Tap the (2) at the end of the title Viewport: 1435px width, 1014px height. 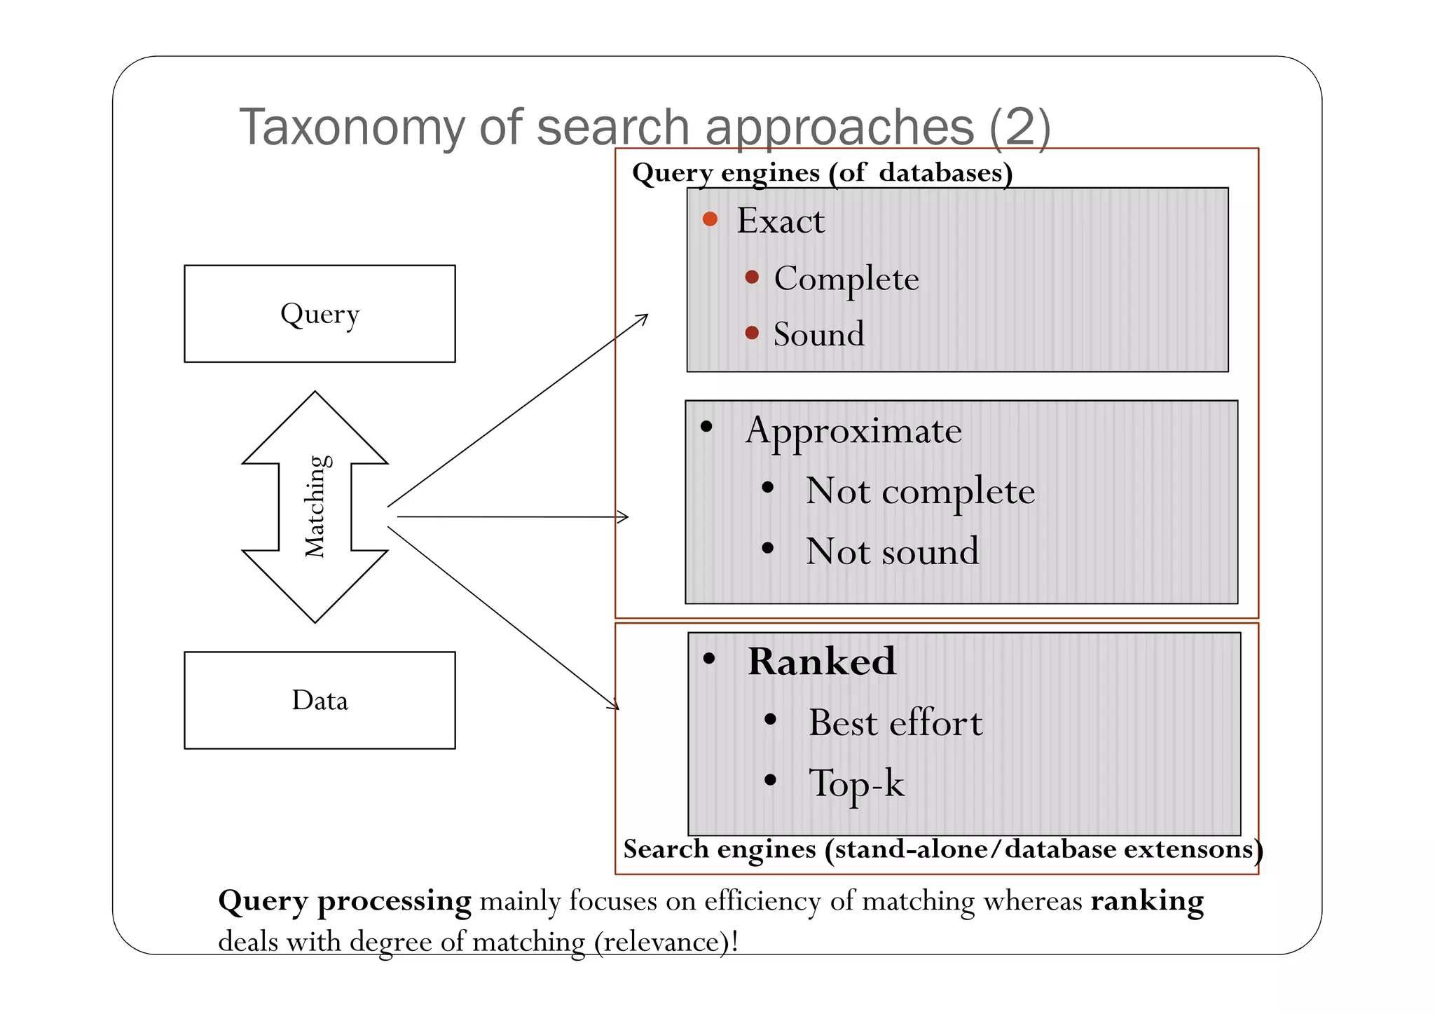pyautogui.click(x=1019, y=128)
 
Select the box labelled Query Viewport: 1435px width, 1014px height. pyautogui.click(x=320, y=313)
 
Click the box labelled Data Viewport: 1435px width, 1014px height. pyautogui.click(x=320, y=700)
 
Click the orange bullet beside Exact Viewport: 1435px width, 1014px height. pyautogui.click(x=710, y=219)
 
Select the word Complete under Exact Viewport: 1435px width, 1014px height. pyautogui.click(x=846, y=279)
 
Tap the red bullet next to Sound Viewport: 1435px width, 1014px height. pyautogui.click(x=752, y=333)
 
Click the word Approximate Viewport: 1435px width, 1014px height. pyautogui.click(x=853, y=430)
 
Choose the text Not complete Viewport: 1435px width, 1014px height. pyautogui.click(x=919, y=491)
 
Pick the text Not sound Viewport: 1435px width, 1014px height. pyautogui.click(x=891, y=551)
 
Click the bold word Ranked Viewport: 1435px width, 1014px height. pyautogui.click(x=821, y=661)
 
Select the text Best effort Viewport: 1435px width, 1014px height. pyautogui.click(x=895, y=722)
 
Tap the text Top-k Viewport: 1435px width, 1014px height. pyautogui.click(x=856, y=783)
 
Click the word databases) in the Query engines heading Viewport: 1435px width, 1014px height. pyautogui.click(x=945, y=172)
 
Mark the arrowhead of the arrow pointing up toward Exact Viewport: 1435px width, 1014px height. pyautogui.click(x=644, y=317)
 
